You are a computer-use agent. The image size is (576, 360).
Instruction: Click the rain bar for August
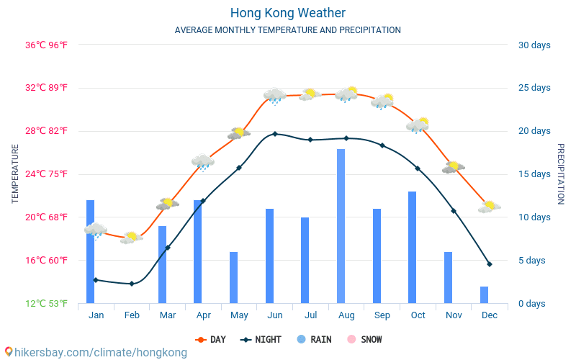[x=341, y=226]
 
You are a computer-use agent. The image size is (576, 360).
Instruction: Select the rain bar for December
[x=484, y=295]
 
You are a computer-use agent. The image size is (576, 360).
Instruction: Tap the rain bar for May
[x=233, y=278]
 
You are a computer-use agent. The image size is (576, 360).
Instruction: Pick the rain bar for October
[x=412, y=247]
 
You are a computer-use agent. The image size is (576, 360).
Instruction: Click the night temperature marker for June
[x=275, y=134]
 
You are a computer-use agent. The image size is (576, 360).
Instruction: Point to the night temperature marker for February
[x=132, y=284]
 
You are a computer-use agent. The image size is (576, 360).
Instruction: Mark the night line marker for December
[x=490, y=264]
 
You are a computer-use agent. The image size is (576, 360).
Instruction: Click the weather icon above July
[x=310, y=95]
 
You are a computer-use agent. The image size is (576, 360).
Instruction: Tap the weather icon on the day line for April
[x=203, y=163]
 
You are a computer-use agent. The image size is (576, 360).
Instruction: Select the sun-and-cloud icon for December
[x=490, y=207]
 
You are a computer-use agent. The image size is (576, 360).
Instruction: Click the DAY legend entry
[x=210, y=339]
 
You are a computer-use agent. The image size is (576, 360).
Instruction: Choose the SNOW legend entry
[x=365, y=339]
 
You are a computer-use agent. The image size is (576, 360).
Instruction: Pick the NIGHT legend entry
[x=261, y=339]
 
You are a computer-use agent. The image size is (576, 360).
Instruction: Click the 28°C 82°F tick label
[x=46, y=131]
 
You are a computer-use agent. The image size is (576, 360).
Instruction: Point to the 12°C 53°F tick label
[x=46, y=303]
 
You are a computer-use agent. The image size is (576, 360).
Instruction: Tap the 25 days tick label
[x=534, y=87]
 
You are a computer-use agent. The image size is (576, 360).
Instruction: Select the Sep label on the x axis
[x=382, y=315]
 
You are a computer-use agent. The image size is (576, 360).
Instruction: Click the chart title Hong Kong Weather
[x=288, y=13]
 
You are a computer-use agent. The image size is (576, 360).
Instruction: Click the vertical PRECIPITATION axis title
[x=561, y=174]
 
